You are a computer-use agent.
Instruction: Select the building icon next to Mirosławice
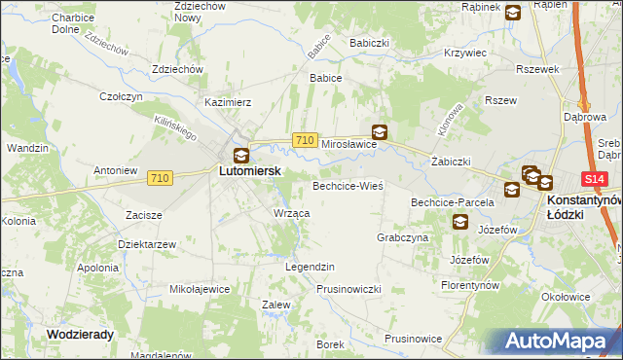[379, 132]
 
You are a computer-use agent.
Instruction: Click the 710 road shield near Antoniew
[161, 177]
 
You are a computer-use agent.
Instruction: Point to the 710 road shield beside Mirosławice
[304, 141]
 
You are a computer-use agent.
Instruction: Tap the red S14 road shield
[595, 180]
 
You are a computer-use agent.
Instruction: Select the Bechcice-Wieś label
[348, 185]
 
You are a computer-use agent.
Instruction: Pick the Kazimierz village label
[228, 101]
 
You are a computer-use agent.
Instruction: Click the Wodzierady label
[80, 334]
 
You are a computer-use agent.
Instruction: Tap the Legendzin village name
[310, 266]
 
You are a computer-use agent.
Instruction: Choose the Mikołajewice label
[200, 289]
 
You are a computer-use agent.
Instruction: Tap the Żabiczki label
[451, 162]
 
